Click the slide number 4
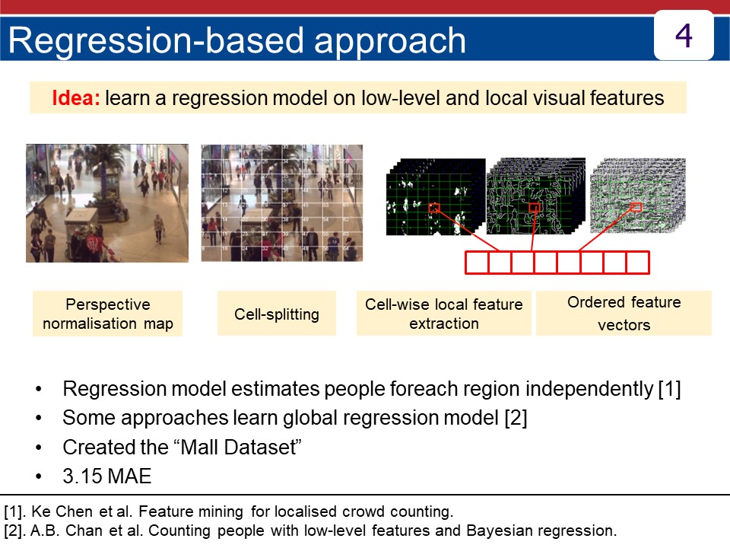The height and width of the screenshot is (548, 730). click(684, 35)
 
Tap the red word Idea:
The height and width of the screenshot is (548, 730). click(76, 98)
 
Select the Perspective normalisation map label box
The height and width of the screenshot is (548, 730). click(108, 314)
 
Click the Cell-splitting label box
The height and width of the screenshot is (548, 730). click(276, 314)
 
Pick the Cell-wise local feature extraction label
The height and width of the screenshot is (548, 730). click(443, 314)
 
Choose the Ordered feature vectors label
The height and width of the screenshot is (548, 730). click(624, 313)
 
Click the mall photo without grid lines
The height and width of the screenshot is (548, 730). click(107, 203)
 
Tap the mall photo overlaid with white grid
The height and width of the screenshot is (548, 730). click(281, 203)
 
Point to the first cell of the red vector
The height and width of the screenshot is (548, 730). click(476, 263)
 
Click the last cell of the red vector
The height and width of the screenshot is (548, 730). click(637, 263)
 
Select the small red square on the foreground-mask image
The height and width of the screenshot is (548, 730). click(433, 208)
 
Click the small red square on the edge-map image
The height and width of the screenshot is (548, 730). click(535, 208)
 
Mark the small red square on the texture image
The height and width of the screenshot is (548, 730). click(636, 207)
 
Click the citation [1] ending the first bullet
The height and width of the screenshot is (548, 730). click(668, 389)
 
